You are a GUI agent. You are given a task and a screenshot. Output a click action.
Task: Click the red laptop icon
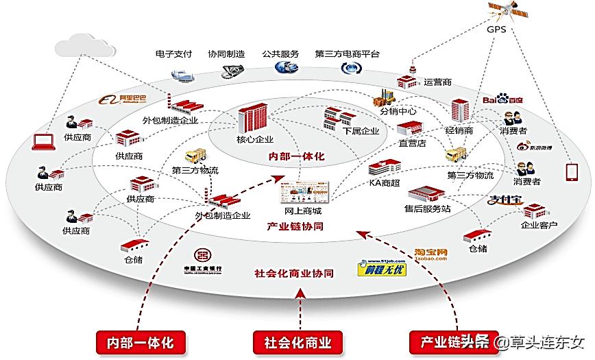click(43, 142)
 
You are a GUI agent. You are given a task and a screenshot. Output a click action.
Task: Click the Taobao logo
click(430, 255)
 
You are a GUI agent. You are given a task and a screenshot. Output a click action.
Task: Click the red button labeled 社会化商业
click(297, 341)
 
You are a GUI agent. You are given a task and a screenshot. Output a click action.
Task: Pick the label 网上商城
click(303, 211)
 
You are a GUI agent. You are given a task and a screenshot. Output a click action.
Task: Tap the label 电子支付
click(173, 53)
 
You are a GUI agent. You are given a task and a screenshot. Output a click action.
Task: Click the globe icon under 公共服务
click(284, 67)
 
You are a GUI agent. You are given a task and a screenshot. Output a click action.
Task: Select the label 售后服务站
click(427, 208)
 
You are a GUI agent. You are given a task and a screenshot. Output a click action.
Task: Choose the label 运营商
click(437, 82)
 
